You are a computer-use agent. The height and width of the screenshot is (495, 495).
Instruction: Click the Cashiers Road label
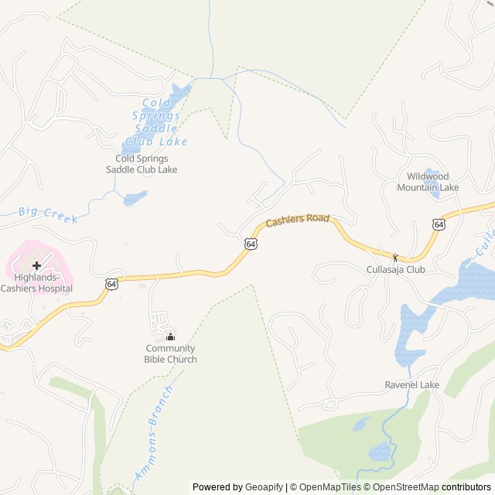(298, 221)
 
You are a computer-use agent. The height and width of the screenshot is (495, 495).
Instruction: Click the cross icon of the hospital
(36, 265)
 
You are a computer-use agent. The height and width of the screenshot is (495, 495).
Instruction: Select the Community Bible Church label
(170, 353)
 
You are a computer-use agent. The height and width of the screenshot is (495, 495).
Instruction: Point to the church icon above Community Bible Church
(170, 336)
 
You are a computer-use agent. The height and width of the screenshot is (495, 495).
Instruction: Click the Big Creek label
(48, 214)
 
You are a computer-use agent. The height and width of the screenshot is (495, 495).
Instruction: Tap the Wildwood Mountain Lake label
(428, 182)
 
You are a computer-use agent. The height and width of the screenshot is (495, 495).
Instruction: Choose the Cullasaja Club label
(395, 270)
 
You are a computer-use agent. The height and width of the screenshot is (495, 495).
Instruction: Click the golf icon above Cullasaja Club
(395, 258)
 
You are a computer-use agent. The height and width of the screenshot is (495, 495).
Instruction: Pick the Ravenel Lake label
(412, 385)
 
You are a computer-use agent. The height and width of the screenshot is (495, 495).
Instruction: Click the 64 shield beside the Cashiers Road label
(251, 243)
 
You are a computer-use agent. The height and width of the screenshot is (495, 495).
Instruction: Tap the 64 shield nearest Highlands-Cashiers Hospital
(112, 284)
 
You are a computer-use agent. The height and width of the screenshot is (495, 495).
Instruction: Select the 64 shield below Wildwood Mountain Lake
(439, 224)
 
